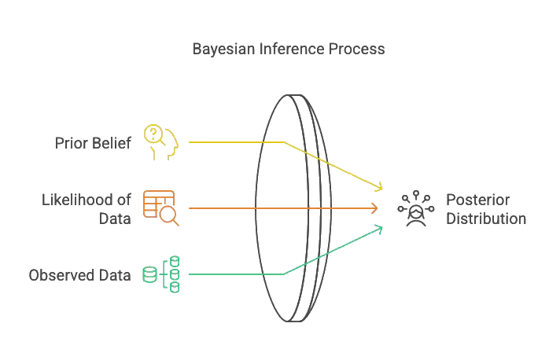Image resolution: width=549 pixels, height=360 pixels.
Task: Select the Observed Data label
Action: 79,275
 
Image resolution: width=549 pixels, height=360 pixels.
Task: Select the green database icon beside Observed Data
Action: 161,274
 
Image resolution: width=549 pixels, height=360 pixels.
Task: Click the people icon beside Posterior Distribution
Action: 415,208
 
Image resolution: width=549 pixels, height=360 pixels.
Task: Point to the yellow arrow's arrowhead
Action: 381,189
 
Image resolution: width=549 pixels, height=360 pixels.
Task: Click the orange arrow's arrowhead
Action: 376,208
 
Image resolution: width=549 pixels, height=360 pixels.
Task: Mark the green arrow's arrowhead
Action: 380,228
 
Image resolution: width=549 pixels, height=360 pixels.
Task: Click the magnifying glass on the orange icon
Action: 170,215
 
